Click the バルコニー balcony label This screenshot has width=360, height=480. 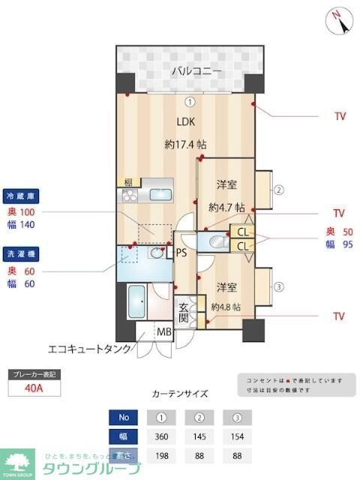point(196,71)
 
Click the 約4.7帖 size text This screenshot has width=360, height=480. point(226,207)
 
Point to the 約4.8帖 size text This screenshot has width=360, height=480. point(226,307)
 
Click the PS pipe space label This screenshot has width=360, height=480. point(181,253)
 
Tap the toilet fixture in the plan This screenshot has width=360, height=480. point(217,241)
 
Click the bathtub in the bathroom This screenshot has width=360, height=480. point(139,301)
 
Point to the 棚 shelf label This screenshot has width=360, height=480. point(128,182)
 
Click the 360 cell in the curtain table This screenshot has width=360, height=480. point(161,436)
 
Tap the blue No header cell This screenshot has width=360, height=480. point(124,417)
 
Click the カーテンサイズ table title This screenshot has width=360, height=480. point(179,394)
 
